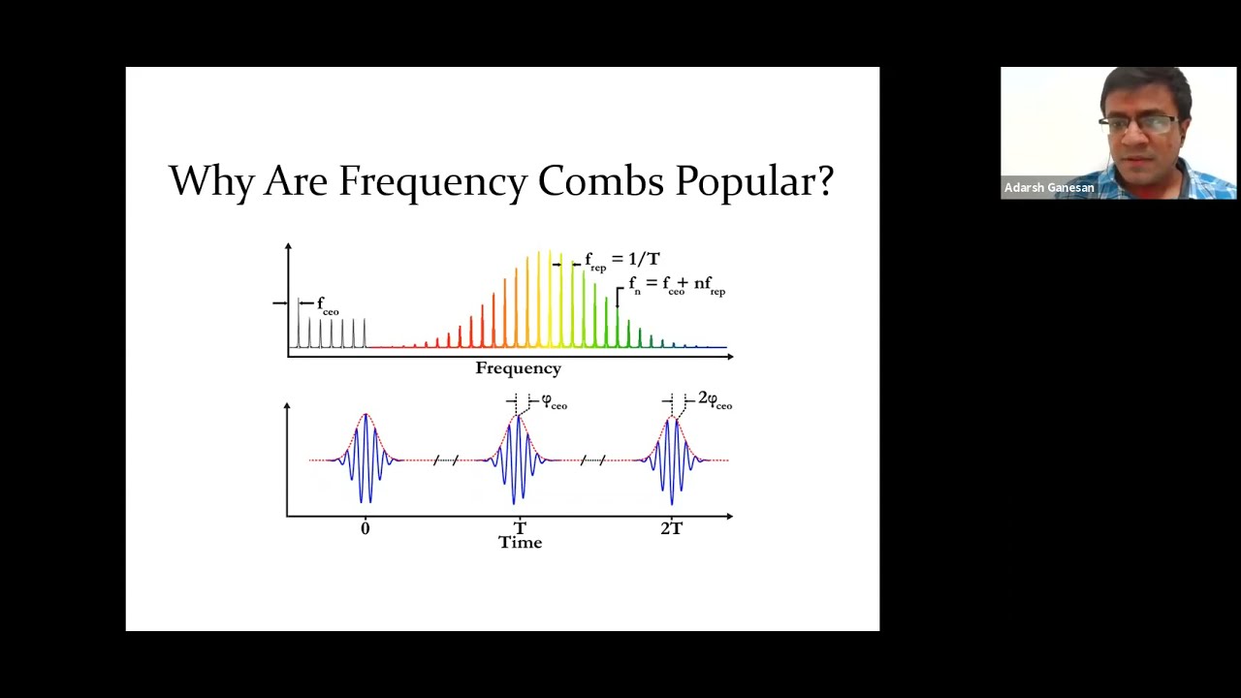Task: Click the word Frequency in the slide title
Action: (x=431, y=181)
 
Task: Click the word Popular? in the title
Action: (x=754, y=181)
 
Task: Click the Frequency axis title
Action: (x=518, y=368)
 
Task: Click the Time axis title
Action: (x=520, y=543)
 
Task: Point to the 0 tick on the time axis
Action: (x=365, y=528)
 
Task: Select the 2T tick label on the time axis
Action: (x=671, y=528)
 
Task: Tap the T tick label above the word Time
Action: (x=520, y=527)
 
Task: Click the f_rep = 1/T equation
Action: (x=621, y=260)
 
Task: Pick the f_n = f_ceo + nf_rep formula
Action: (x=677, y=285)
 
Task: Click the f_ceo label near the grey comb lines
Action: (x=328, y=305)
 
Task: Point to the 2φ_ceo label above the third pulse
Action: (x=715, y=399)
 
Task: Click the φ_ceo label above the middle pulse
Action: (x=554, y=401)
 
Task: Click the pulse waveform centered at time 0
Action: (x=366, y=458)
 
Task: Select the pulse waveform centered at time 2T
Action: (x=671, y=459)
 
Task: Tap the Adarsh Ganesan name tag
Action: (x=1049, y=188)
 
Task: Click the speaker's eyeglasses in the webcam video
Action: (x=1139, y=123)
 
